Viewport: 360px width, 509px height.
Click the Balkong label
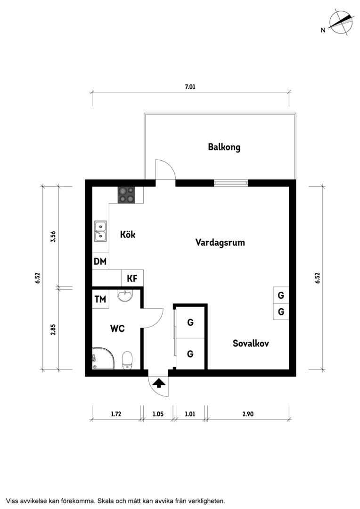coord(224,147)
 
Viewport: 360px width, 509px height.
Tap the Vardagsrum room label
coord(220,243)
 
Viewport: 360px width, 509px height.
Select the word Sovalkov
coord(251,343)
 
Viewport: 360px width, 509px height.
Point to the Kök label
coord(128,234)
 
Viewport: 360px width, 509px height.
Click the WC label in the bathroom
coord(117,328)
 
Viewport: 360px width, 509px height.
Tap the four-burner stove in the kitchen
coord(126,196)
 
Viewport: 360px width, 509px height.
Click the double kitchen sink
coord(101,231)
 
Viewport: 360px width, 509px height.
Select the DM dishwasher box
coord(101,261)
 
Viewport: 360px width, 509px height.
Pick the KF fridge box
coord(132,278)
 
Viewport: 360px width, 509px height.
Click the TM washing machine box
coord(101,299)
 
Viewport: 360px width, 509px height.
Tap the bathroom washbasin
coord(125,296)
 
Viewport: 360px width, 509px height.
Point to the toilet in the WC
coord(127,360)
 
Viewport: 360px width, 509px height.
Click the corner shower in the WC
coord(104,358)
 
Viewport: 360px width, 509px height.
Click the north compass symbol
coord(341,22)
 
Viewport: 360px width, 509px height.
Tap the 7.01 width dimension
coord(190,87)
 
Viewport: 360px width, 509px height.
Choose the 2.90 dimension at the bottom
coord(248,414)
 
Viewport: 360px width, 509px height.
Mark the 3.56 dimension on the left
coord(53,236)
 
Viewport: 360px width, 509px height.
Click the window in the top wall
coord(231,183)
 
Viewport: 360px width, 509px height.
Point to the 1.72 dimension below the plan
coord(116,414)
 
